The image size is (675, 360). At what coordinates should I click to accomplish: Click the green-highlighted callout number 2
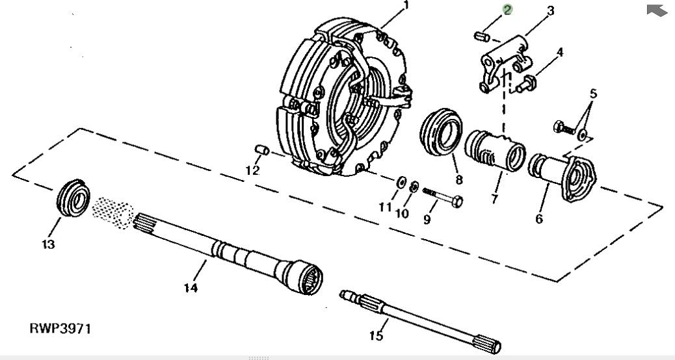tap(507, 9)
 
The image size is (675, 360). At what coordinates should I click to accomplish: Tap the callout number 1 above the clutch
tap(406, 6)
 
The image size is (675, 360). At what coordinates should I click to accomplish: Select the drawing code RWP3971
tap(60, 328)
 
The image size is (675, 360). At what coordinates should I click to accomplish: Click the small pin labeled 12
tap(262, 151)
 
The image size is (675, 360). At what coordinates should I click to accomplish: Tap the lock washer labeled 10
tap(414, 186)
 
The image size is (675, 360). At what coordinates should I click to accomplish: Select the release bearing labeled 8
tap(437, 135)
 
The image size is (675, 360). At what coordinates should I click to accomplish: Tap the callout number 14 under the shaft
tap(191, 287)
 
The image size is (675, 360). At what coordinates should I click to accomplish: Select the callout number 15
tap(377, 335)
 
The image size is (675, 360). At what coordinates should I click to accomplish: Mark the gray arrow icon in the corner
tap(656, 10)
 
